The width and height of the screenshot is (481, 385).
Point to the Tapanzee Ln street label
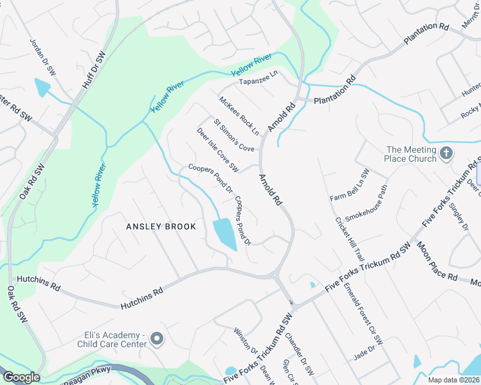point(258,76)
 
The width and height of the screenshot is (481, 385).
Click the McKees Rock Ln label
point(239,116)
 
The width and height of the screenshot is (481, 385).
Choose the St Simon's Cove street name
point(234,135)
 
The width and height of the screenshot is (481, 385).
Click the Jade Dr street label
point(364,355)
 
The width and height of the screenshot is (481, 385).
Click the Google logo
point(21,377)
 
